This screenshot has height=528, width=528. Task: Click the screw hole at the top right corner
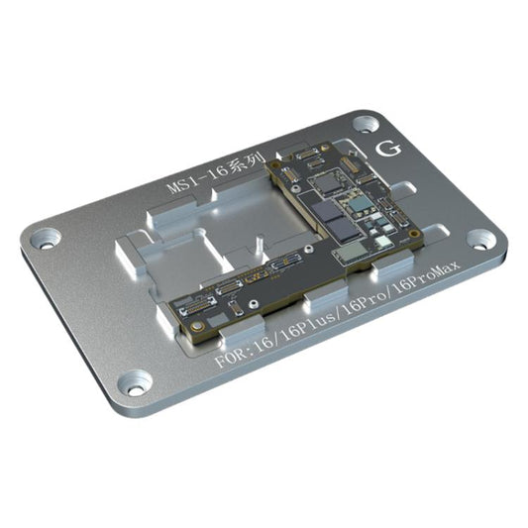367,124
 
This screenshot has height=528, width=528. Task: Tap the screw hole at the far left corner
45,238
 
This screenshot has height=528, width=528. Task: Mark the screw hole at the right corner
480,238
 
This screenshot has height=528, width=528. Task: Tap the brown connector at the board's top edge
310,155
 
